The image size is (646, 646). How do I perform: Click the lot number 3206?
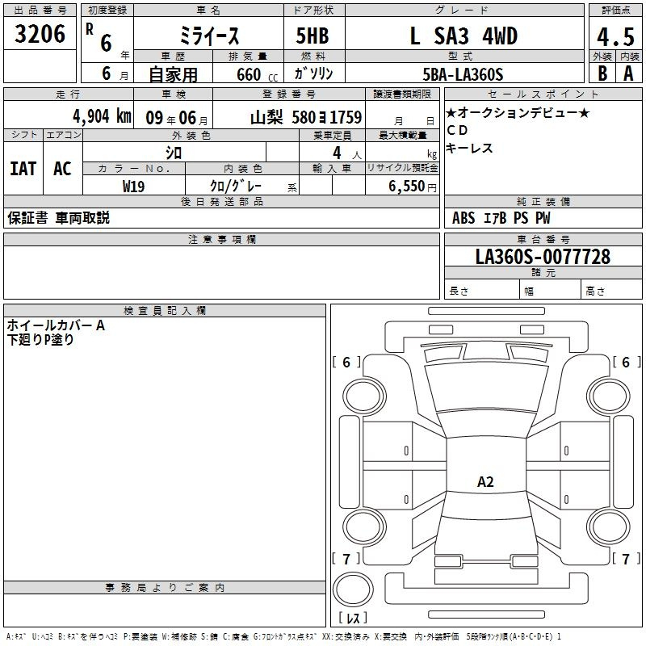coord(40,34)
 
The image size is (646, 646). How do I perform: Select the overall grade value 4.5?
coord(615,37)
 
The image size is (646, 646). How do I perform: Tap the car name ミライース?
coord(209,36)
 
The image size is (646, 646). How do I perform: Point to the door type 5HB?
coord(313,36)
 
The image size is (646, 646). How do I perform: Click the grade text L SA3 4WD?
coord(464,36)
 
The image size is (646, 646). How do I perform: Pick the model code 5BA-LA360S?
coord(463,74)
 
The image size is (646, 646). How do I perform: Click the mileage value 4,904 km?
coord(103,116)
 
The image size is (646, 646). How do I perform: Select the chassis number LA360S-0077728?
coord(543,257)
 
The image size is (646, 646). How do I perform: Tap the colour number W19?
coord(133,187)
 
